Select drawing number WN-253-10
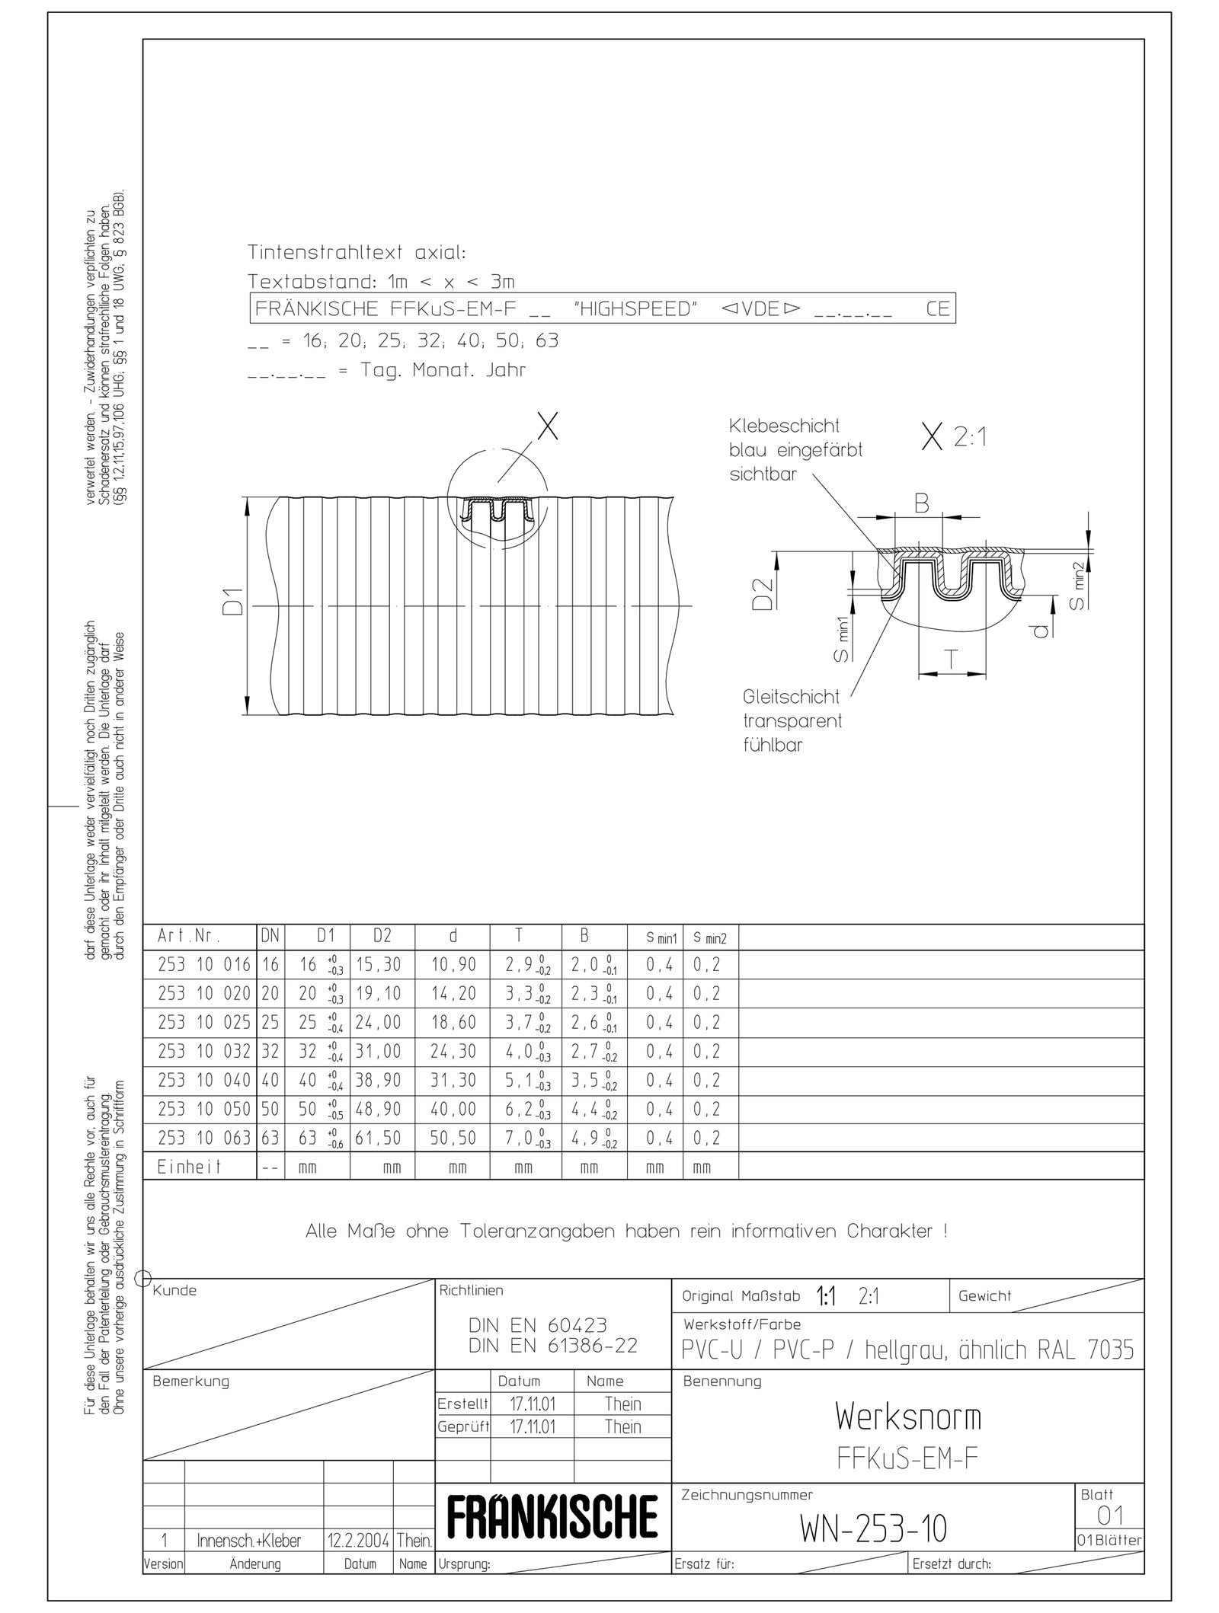point(873,1527)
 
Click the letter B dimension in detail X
point(921,504)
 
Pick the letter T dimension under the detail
point(952,659)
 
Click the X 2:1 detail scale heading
point(954,438)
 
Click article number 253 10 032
point(203,1052)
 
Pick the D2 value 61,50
point(378,1139)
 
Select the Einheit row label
point(189,1167)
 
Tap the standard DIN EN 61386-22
point(552,1346)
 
